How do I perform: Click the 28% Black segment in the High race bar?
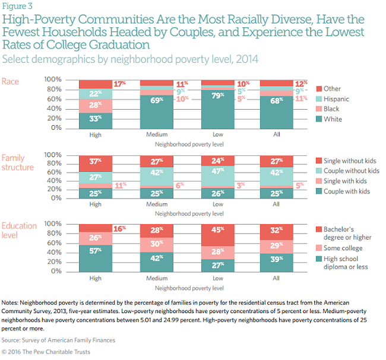click(x=96, y=105)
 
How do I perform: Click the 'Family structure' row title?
click(x=17, y=163)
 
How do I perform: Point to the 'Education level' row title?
click(x=19, y=231)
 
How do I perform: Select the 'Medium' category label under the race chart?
click(x=157, y=135)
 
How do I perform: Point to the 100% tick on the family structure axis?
click(x=53, y=154)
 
